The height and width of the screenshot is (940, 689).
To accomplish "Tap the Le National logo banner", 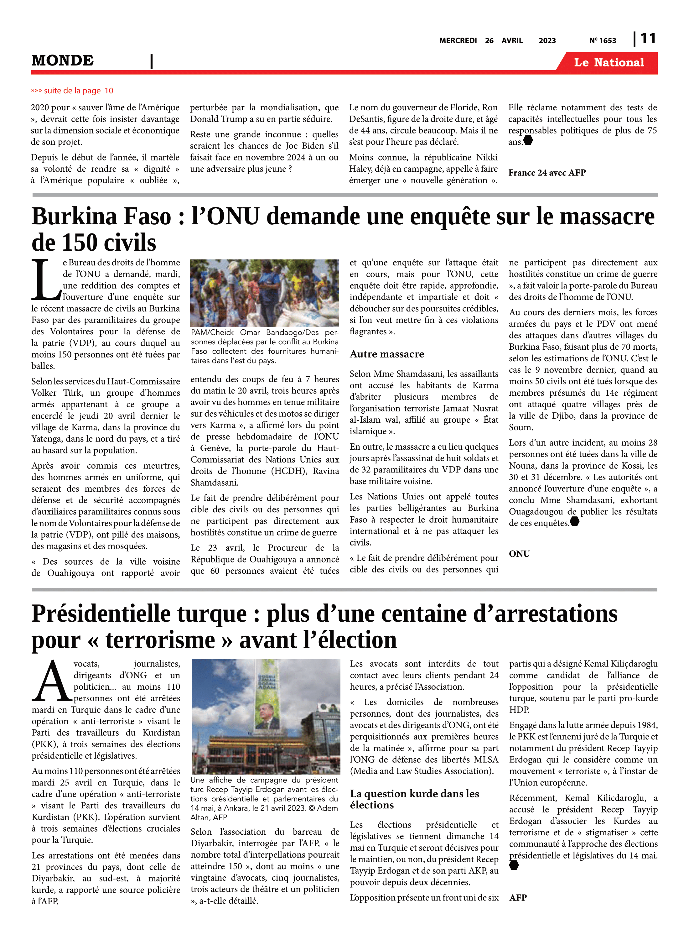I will click(x=609, y=63).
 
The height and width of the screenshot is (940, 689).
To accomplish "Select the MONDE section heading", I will click(x=63, y=61).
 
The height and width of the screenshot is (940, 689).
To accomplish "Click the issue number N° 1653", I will click(x=602, y=40).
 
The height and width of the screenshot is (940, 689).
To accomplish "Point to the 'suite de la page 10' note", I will click(x=72, y=91).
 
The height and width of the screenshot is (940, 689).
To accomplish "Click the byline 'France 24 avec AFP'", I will click(x=547, y=173).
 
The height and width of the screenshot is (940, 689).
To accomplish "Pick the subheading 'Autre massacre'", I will click(x=387, y=354).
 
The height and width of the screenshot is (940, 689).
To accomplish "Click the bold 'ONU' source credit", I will click(x=519, y=554).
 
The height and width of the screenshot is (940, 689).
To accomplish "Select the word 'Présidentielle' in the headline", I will click(x=101, y=614).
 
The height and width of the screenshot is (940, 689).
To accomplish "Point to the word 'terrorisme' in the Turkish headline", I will click(x=161, y=640).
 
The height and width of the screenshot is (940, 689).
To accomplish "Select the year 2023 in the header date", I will click(x=547, y=40).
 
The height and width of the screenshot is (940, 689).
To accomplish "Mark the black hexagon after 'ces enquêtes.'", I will click(x=574, y=521).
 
